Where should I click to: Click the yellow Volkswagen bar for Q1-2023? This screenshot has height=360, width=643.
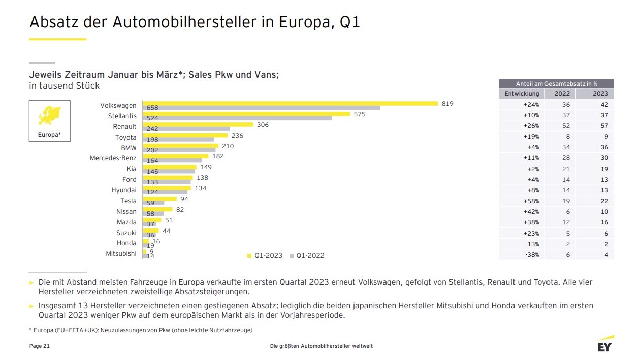tap(291, 103)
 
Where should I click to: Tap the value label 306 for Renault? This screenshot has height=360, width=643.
tap(263, 125)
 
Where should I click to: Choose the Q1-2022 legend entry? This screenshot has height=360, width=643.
tap(307, 255)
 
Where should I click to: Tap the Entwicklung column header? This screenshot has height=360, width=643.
tap(522, 94)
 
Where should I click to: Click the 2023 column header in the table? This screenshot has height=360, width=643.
tap(600, 94)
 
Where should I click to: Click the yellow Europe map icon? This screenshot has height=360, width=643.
tap(49, 116)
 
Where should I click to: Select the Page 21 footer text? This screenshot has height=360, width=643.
tap(40, 346)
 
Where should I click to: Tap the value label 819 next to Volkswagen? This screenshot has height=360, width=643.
tap(447, 104)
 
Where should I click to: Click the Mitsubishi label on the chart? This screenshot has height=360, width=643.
tap(121, 253)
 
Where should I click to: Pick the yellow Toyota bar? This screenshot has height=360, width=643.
tap(185, 135)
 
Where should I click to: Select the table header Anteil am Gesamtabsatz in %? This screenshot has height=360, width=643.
tap(556, 83)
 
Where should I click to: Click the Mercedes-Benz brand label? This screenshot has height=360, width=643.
tap(113, 158)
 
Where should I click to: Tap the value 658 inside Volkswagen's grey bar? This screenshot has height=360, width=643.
tap(152, 108)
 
